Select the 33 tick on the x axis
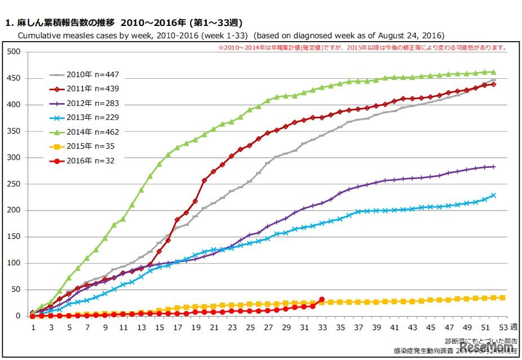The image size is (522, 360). tap(321, 327)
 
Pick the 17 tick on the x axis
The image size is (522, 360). tap(178, 327)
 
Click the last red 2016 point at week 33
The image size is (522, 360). tap(321, 300)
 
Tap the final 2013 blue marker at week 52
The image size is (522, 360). tap(494, 195)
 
